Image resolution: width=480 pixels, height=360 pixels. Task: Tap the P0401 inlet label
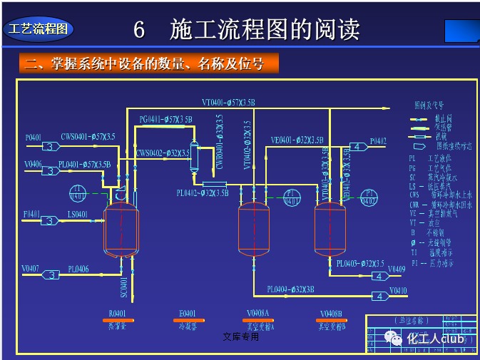[x=34, y=137]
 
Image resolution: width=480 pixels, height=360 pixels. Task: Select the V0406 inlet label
[x=33, y=165]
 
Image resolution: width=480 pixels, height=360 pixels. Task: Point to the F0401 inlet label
[x=31, y=214]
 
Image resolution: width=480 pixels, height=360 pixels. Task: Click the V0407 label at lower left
[x=30, y=269]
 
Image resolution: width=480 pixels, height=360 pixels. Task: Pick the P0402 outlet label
[x=378, y=141]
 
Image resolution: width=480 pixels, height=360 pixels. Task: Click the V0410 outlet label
[x=397, y=290]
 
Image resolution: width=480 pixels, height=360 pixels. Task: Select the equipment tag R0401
[x=117, y=313]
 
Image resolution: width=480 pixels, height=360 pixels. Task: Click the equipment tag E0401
[x=187, y=313]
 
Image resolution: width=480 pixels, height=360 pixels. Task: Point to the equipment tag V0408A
[x=257, y=313]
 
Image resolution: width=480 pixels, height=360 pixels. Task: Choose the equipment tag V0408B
[x=330, y=313]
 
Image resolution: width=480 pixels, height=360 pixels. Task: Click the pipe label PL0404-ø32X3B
[x=291, y=289]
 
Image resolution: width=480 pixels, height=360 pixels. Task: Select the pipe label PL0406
[x=78, y=269]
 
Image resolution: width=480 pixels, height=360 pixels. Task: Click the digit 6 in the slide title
[x=139, y=30]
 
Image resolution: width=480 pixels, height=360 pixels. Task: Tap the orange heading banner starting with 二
[x=146, y=64]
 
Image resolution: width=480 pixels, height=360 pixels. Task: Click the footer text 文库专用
[x=240, y=336]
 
